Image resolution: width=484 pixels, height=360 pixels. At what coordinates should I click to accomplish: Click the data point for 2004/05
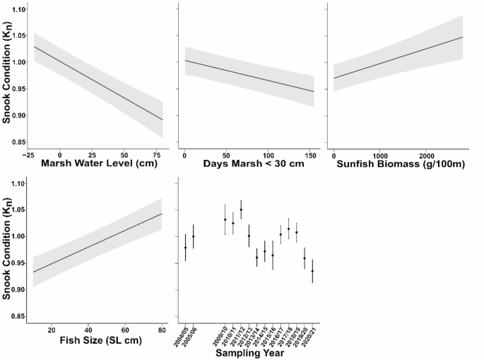(185, 248)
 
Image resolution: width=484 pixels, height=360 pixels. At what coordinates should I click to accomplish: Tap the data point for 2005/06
(194, 236)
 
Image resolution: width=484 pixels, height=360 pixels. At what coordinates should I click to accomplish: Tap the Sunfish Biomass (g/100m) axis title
(397, 166)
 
